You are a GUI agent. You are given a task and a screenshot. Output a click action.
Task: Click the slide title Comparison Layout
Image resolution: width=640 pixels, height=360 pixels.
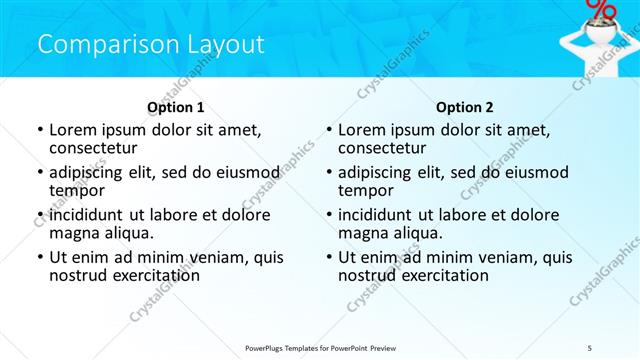151,45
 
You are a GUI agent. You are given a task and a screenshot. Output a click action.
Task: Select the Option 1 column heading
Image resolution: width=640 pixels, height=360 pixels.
175,107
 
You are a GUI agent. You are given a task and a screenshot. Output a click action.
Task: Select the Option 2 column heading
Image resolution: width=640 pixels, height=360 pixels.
464,107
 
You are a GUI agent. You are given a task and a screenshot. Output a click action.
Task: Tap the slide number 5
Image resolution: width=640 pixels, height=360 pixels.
589,346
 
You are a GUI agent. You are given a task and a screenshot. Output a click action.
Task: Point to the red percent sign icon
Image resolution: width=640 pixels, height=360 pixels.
602,9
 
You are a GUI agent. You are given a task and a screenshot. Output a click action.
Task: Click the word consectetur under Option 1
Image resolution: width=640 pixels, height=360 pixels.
91,149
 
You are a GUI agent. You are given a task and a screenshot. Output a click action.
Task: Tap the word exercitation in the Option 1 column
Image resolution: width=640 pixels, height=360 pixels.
150,276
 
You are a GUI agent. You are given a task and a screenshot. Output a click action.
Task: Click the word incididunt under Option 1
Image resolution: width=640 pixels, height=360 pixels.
90,214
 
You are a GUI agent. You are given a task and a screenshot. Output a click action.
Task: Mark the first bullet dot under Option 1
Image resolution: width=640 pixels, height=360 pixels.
39,130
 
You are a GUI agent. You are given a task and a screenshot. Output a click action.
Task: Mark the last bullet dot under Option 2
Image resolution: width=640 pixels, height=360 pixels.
328,257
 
